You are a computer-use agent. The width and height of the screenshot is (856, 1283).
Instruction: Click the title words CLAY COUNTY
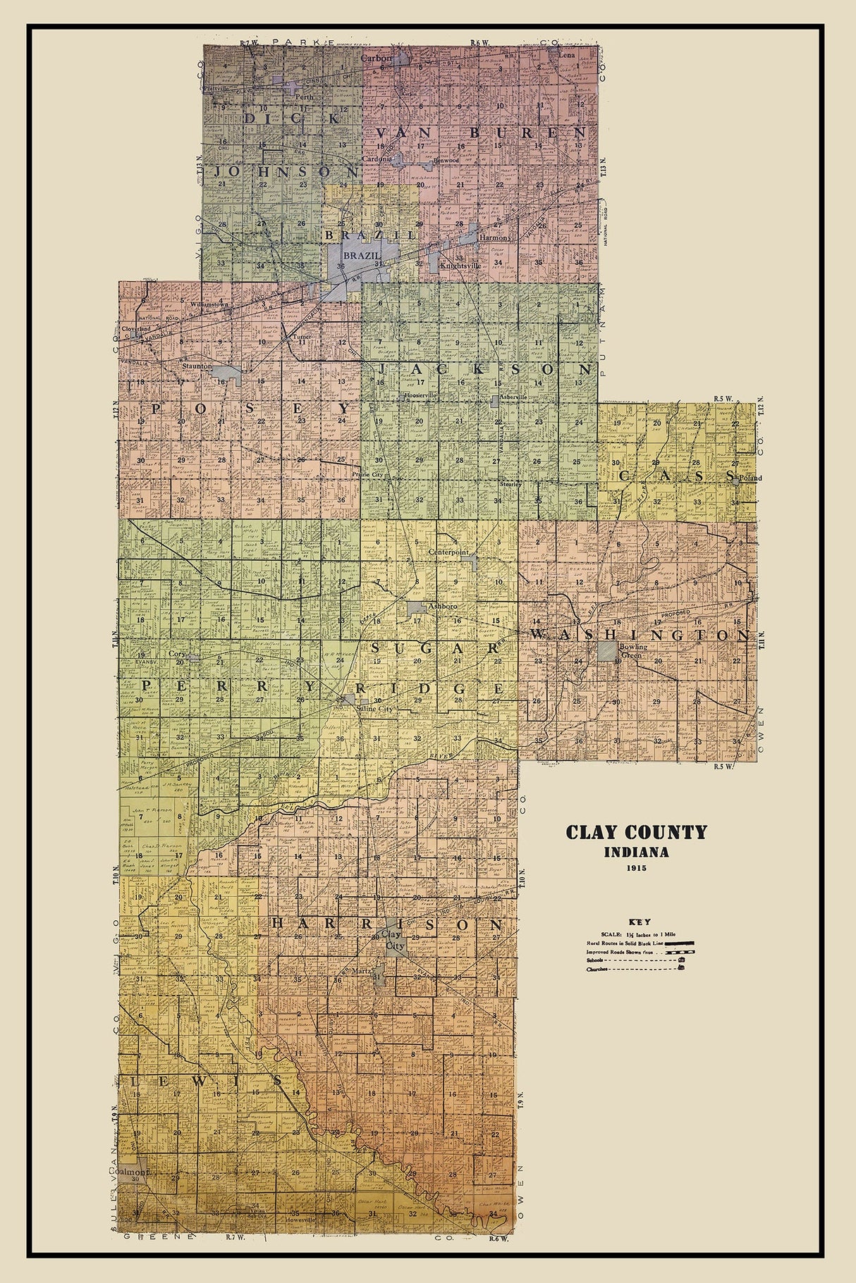coord(636,832)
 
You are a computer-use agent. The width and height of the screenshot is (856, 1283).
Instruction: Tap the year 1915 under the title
coord(636,868)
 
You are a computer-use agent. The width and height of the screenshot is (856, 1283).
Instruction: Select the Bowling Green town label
coord(632,650)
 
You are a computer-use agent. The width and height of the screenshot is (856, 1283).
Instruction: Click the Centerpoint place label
coord(448,553)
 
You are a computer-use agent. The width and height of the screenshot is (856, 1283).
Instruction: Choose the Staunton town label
coord(196,366)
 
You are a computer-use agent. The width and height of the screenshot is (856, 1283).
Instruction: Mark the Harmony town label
coord(494,238)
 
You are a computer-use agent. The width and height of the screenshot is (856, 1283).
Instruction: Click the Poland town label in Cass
coord(750,478)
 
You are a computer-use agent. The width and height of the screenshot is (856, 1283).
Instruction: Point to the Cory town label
coord(177,654)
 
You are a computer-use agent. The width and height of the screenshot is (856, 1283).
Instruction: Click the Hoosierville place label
coord(421,396)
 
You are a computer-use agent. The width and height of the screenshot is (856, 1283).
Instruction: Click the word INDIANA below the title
coord(636,852)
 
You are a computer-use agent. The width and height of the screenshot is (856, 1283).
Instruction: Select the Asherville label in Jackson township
coord(513,397)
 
